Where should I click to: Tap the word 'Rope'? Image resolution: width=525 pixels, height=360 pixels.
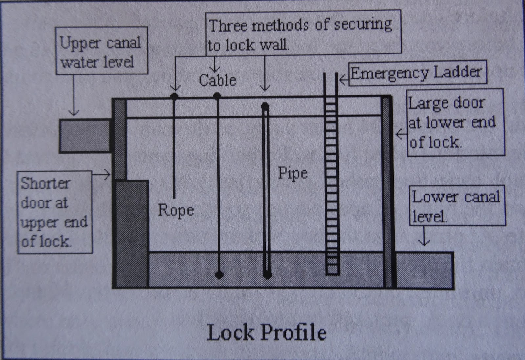(176, 210)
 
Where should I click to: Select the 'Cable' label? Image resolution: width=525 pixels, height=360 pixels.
(217, 80)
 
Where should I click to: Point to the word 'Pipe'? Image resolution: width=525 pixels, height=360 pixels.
(293, 173)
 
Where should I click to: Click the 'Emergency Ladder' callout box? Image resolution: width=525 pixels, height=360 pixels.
(417, 73)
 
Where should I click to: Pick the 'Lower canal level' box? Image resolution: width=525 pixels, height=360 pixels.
(457, 206)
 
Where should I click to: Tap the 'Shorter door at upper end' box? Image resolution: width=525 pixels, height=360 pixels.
(54, 212)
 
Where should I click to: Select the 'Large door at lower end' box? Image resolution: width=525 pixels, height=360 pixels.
(455, 122)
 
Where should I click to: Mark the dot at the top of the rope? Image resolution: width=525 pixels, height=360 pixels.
(174, 96)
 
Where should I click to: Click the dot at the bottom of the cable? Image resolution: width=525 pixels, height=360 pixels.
(220, 274)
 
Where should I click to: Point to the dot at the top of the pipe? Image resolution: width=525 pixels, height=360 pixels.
(265, 106)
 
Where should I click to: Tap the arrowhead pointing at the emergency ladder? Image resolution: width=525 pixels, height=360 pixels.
(341, 80)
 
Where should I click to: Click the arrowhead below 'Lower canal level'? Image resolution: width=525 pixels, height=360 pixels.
(424, 244)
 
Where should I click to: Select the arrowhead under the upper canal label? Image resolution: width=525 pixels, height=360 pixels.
(73, 113)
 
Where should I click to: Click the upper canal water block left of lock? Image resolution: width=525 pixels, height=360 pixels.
(85, 136)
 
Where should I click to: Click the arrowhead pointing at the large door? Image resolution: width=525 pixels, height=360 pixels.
(398, 134)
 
